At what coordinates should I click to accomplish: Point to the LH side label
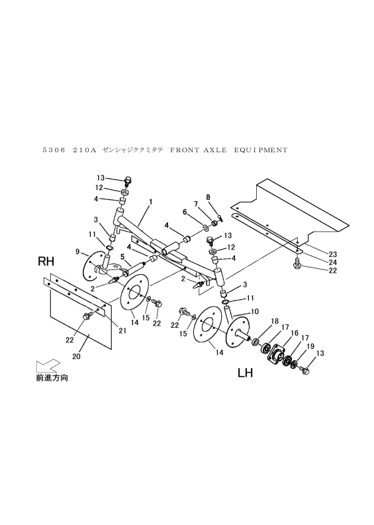point(246,373)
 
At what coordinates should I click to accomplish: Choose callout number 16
point(294,333)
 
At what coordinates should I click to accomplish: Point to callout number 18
point(274,320)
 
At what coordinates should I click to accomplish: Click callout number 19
point(309,346)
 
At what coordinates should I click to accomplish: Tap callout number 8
point(207,197)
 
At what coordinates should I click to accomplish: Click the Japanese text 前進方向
point(52,379)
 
